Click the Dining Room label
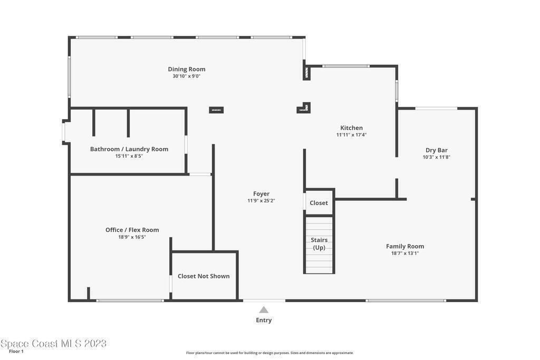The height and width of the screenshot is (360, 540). tap(187, 69)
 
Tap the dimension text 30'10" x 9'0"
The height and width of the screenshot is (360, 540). tap(186, 76)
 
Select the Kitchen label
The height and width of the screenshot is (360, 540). tap(351, 128)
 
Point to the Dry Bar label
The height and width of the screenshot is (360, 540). tap(436, 150)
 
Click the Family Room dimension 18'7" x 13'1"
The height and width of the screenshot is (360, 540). tap(405, 254)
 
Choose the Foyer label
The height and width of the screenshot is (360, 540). tap(261, 194)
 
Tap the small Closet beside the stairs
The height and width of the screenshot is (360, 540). tap(319, 203)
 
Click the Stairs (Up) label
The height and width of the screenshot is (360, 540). tap(319, 244)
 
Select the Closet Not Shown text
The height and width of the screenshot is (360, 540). tap(204, 276)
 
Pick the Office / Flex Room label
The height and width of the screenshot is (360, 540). tap(132, 230)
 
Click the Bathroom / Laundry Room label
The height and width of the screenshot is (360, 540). tap(129, 149)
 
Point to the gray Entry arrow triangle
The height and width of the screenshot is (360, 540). tap(264, 310)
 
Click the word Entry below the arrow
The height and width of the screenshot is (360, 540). tap(264, 320)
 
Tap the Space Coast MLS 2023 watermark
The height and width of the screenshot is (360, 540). tap(53, 344)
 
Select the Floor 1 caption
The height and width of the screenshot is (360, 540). tap(16, 352)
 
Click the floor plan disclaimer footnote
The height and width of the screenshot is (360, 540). tap(270, 353)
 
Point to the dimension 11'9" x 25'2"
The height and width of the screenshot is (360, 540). tap(261, 201)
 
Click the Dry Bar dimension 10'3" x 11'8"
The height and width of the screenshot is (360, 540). tap(436, 157)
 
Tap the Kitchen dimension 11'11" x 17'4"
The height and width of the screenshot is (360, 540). tap(351, 135)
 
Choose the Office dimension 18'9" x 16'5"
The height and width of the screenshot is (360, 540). tap(132, 237)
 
